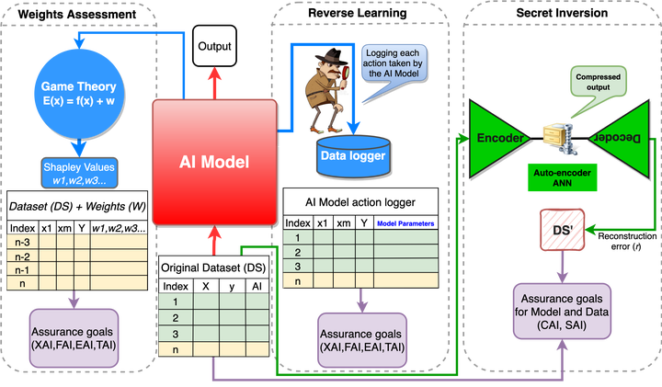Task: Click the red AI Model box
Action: (213, 161)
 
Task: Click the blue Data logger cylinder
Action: (352, 157)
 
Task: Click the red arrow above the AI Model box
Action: (214, 80)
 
